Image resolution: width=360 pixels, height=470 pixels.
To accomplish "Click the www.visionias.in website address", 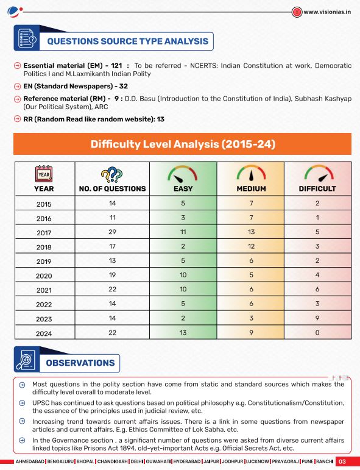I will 326,12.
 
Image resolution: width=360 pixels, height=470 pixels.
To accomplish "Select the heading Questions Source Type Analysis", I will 128,41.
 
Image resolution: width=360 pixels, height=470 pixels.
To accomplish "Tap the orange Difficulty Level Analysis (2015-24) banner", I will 183,144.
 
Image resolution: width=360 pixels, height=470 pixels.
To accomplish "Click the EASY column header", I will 183,188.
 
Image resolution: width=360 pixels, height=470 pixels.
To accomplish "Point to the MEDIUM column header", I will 251,188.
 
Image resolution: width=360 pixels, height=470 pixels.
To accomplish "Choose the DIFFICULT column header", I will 317,188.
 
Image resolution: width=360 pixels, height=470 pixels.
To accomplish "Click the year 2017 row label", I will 44,233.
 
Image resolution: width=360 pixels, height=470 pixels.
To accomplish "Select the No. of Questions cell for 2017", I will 112,232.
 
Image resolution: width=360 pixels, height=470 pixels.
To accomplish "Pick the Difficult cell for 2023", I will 317,318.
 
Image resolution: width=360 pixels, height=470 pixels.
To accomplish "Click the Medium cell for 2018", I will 251,246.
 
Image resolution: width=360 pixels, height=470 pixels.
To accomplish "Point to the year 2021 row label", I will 44,290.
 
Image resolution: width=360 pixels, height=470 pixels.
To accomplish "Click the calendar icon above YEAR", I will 44,174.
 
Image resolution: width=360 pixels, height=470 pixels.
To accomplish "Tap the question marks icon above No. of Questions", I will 112,174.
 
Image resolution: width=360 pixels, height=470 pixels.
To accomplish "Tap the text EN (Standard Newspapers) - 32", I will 76,87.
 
